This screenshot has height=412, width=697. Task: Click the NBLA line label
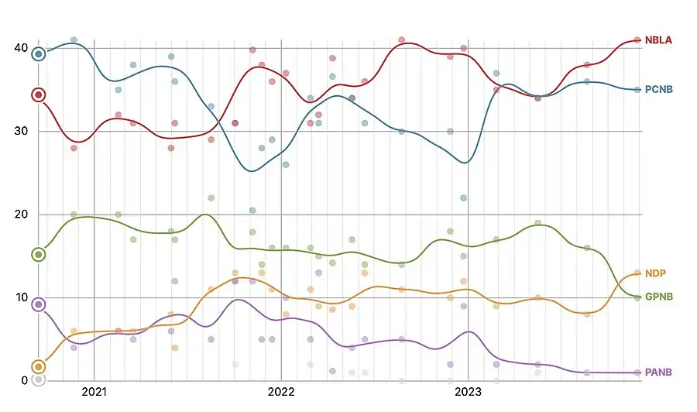click(658, 40)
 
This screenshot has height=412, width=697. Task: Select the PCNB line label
click(659, 90)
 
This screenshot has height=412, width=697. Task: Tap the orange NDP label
click(655, 273)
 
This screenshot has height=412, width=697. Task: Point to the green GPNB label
click(659, 297)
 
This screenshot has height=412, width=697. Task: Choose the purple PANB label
click(658, 373)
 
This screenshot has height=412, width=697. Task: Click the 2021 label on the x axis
click(94, 393)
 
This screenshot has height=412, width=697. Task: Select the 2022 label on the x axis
click(281, 393)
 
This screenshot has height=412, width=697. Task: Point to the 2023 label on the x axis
click(468, 393)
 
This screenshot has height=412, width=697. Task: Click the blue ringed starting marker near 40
click(39, 54)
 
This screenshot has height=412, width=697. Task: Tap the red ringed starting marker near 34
click(39, 95)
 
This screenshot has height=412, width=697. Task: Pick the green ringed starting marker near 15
click(39, 255)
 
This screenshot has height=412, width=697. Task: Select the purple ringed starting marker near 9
click(39, 304)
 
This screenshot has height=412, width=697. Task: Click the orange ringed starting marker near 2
click(39, 366)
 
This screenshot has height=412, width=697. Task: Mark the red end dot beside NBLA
click(637, 40)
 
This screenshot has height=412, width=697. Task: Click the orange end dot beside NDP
click(637, 273)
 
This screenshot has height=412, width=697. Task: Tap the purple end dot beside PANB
click(637, 373)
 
